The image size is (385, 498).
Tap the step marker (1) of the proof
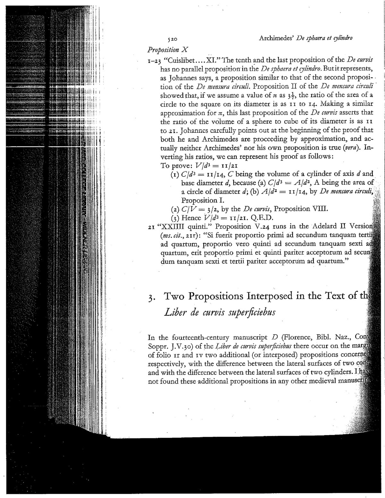[175, 175]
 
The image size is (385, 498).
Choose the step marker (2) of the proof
[175, 210]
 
